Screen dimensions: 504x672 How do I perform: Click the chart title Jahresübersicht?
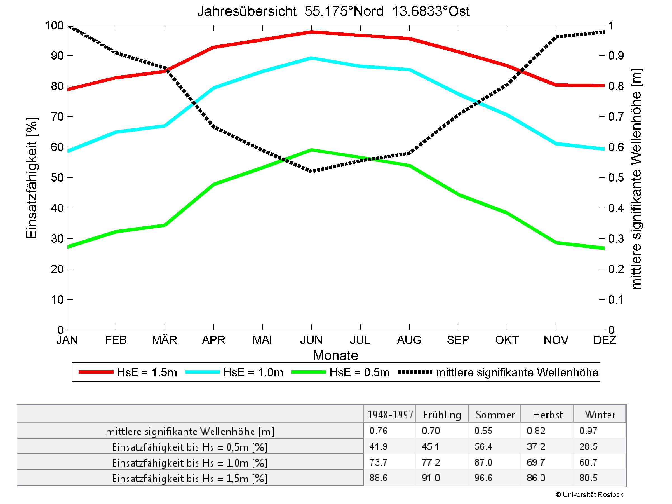click(333, 11)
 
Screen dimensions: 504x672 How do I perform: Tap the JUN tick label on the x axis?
click(311, 340)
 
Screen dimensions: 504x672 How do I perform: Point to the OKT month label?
click(507, 340)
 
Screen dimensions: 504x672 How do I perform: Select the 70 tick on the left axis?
click(57, 117)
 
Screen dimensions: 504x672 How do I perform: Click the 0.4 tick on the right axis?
click(616, 208)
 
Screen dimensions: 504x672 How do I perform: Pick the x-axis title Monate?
click(335, 355)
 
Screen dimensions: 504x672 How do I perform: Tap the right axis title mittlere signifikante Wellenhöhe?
click(636, 179)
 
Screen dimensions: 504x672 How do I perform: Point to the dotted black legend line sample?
click(415, 372)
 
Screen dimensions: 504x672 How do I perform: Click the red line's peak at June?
click(312, 32)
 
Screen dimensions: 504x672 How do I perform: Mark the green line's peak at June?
click(312, 150)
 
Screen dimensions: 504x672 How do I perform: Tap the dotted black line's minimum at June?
click(312, 171)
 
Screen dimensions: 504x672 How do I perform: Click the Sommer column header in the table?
click(495, 415)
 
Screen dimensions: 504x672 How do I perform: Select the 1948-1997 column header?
click(390, 415)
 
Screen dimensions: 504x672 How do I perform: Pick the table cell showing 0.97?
click(588, 430)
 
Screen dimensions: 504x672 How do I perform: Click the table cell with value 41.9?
click(378, 446)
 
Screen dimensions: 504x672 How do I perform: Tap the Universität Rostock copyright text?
click(589, 494)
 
